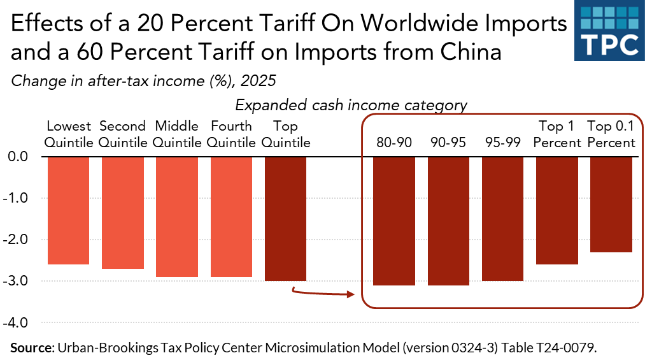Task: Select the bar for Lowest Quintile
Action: [x=67, y=210]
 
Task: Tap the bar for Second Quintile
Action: [x=122, y=212]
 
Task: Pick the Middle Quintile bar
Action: [x=177, y=217]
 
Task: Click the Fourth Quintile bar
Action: [x=231, y=217]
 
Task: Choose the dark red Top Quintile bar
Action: [x=285, y=219]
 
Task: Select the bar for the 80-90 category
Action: [x=394, y=220]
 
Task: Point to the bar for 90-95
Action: [x=448, y=220]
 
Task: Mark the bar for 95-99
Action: [x=503, y=219]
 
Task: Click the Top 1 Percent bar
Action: [x=557, y=210]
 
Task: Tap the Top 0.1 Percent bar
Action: [x=611, y=204]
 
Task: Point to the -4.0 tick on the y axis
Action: [x=22, y=322]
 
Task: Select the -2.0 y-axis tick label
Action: [x=22, y=240]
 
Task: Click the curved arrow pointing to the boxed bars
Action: [x=322, y=293]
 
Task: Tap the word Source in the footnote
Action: [x=31, y=347]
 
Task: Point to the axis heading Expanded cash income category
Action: [x=351, y=104]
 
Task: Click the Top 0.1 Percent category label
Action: [x=611, y=134]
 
